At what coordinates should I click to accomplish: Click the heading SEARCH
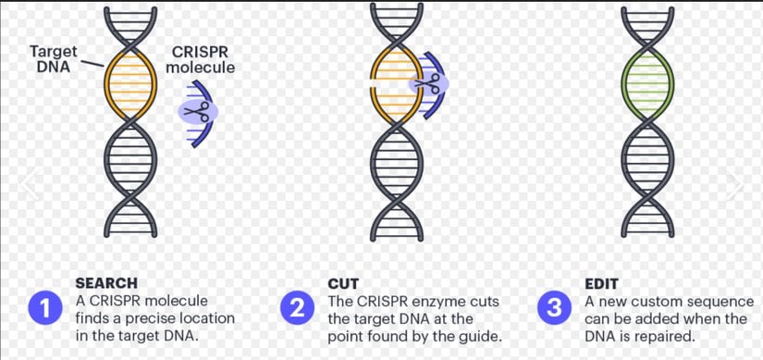pyautogui.click(x=105, y=283)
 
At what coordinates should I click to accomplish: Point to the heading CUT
pyautogui.click(x=343, y=283)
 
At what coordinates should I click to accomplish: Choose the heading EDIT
pyautogui.click(x=601, y=283)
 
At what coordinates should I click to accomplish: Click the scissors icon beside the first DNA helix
pyautogui.click(x=195, y=112)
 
